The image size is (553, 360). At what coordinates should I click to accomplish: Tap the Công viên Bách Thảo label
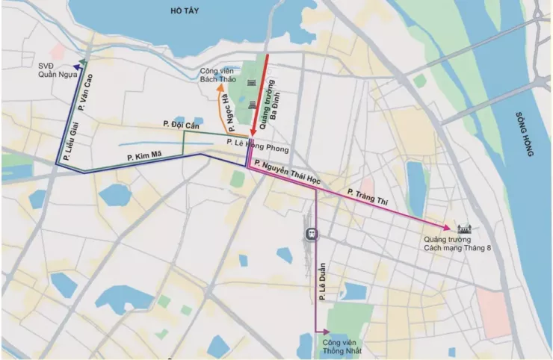click(217, 75)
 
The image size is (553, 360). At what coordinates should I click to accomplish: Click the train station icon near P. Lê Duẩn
click(311, 235)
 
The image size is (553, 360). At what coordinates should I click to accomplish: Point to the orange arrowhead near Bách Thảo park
click(222, 90)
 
